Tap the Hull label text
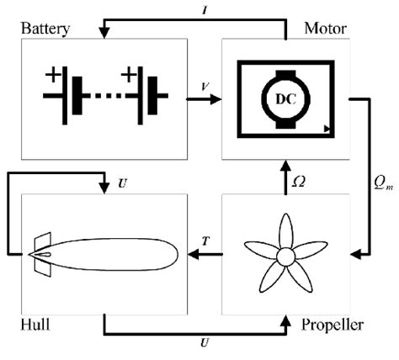[35, 323]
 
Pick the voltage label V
[205, 87]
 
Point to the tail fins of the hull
[38, 255]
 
